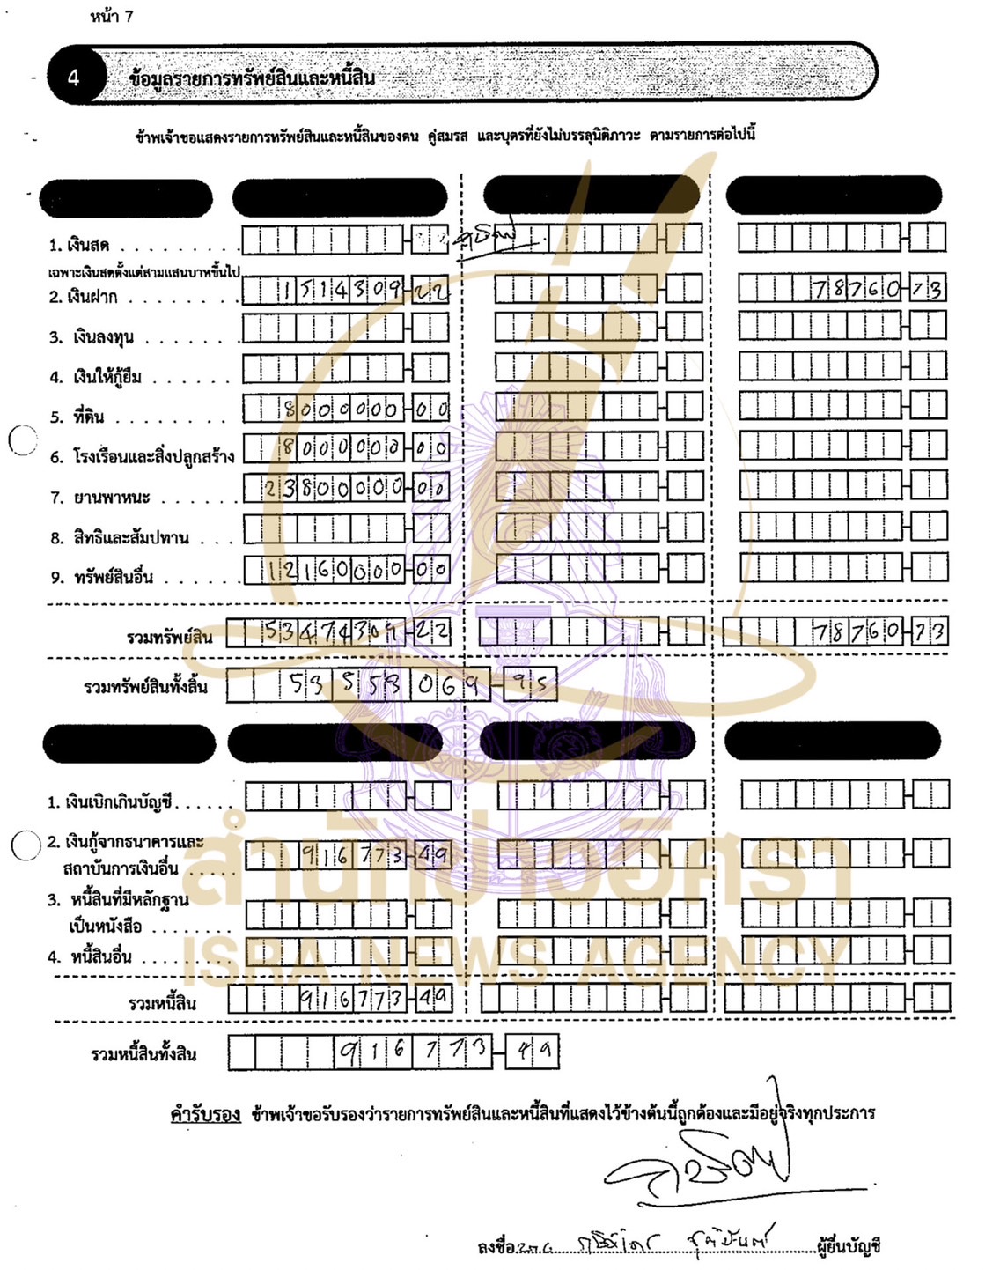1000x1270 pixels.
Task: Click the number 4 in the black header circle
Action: (74, 78)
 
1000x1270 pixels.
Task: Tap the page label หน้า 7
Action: (111, 16)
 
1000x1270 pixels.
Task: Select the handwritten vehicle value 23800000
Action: (335, 487)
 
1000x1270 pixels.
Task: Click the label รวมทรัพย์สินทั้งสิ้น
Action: (145, 686)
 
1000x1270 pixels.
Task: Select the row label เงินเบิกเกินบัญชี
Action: (109, 802)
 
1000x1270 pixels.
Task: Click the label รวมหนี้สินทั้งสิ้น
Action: (143, 1054)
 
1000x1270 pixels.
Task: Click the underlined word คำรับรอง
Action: (205, 1114)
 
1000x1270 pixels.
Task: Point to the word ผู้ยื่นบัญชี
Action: (849, 1246)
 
